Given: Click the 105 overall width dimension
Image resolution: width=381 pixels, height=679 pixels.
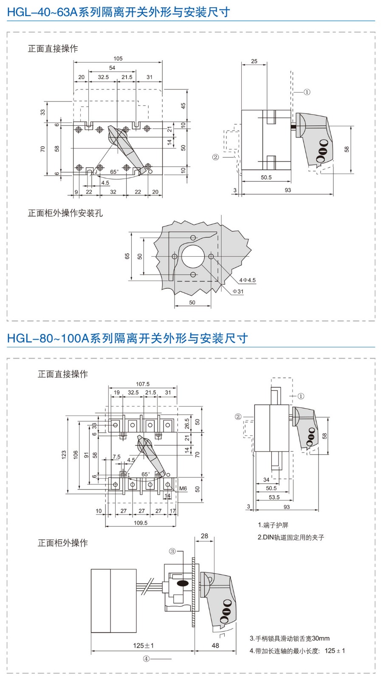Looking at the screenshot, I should coord(118,59).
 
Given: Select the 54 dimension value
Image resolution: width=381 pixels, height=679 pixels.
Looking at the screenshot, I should coord(112,68).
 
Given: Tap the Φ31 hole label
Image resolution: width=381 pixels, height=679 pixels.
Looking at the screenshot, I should coord(238,292).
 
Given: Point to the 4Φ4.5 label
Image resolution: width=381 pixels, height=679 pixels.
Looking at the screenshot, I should coord(247,280).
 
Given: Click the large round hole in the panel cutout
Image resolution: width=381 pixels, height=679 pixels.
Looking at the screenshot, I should coord(193,256).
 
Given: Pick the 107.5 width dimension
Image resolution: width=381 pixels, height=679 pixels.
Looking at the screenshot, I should coord(143,384).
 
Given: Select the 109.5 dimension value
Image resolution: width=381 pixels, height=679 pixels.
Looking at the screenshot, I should coord(141,523).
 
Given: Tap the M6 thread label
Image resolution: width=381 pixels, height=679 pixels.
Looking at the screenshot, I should coord(183,488).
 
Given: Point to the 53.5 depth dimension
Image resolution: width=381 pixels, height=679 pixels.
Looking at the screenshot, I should coord(274,497).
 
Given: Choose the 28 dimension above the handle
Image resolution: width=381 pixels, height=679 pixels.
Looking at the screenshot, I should coord(204,536).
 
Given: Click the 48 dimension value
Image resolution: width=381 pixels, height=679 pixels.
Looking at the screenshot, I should coord(215,645).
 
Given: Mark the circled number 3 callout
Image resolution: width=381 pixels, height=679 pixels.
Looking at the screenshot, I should coord(172,551).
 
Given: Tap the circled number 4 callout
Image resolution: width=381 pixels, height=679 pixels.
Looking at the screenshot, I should coord(146,659).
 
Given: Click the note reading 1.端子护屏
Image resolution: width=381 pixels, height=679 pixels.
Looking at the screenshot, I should coord(273,525).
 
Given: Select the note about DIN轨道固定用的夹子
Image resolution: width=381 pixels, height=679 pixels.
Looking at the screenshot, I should coord(291,537).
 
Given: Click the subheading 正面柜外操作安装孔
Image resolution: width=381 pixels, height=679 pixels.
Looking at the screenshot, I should coord(65,213).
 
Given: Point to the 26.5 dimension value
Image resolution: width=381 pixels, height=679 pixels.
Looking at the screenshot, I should coord(187,424).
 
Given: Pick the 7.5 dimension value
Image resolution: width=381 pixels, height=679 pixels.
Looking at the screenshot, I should coord(116,457).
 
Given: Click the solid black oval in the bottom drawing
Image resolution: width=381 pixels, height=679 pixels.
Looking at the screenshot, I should coord(183,584).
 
